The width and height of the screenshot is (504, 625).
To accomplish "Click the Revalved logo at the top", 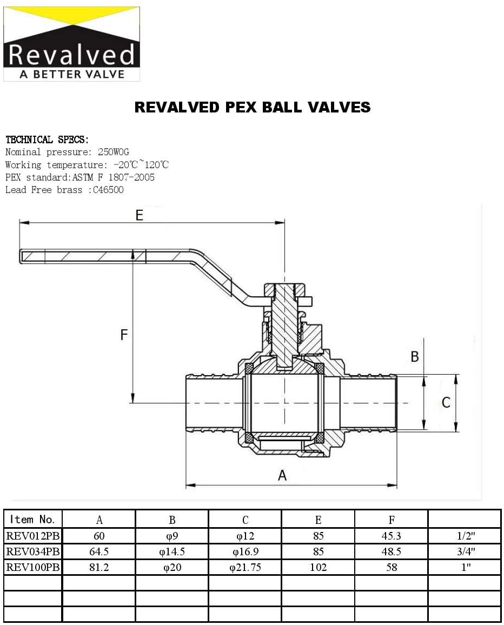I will [x=71, y=44].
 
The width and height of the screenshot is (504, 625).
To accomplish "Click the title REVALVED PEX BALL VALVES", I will [x=253, y=107].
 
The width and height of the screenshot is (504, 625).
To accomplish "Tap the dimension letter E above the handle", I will [x=140, y=215].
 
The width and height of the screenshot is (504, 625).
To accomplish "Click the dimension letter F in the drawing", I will [x=124, y=335].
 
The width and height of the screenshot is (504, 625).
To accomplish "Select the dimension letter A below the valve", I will [x=282, y=475].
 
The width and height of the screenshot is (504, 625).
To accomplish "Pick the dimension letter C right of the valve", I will [x=446, y=402].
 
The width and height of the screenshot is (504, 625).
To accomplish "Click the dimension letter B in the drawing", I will [x=415, y=357].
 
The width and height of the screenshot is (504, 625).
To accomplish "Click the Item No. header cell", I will [x=33, y=520].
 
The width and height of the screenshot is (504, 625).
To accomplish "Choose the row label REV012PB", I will [x=33, y=536].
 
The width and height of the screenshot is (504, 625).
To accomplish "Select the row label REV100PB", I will [x=33, y=568].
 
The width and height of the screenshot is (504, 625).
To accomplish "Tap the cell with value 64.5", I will [x=99, y=552].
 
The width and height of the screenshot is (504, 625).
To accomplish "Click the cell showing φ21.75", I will [x=245, y=568].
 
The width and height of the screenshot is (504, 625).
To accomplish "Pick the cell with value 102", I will [x=318, y=568].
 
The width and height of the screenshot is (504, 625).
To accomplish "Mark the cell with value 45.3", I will [x=391, y=536].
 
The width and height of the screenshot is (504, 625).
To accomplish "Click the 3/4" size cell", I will [x=464, y=552].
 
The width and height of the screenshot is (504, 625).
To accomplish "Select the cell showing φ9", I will [x=172, y=536].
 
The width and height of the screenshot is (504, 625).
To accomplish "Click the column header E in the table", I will [x=318, y=520].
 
